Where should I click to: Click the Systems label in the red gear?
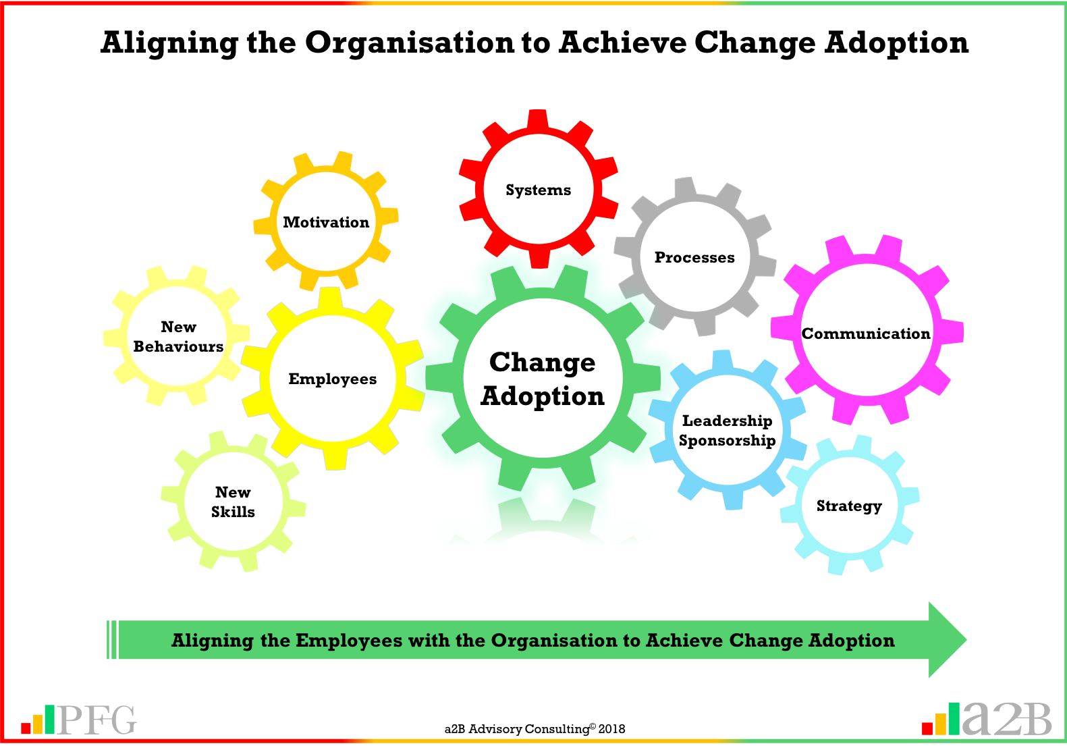[538, 190]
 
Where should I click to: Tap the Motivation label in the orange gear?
[326, 223]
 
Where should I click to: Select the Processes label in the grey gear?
[694, 258]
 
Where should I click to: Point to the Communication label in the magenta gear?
[866, 334]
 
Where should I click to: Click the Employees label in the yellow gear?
[332, 379]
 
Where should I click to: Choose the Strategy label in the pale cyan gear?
[849, 506]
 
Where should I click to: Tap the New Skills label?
[233, 502]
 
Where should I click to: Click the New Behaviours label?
[178, 337]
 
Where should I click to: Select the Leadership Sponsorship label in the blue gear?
[727, 431]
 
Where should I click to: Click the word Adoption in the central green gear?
[543, 396]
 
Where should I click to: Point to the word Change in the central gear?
[543, 362]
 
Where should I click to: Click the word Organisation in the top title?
[410, 43]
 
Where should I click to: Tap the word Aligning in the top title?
[169, 43]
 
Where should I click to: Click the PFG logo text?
[97, 720]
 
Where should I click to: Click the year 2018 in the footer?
[611, 729]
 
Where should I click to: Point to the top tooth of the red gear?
[538, 119]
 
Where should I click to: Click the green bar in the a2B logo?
[954, 718]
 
